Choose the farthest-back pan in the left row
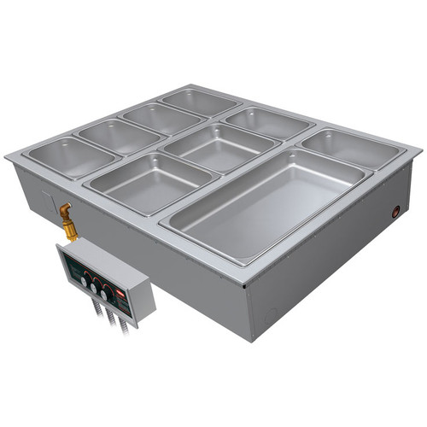[189, 102]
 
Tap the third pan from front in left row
[152, 117]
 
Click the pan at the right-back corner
[352, 149]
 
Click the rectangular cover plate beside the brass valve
[43, 202]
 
